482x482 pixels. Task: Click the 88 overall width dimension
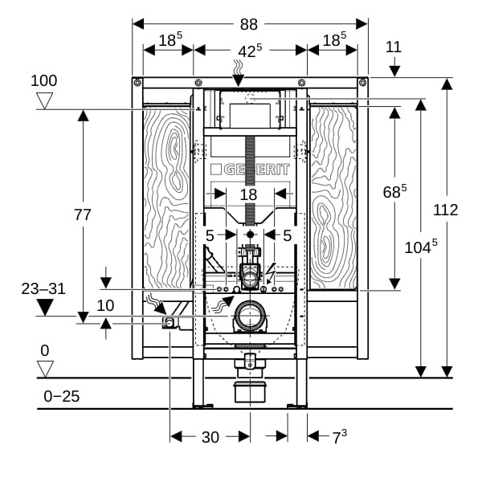click(249, 24)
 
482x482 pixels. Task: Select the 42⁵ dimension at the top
click(250, 51)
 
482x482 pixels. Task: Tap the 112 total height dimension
click(445, 210)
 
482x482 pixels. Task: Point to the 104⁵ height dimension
click(420, 247)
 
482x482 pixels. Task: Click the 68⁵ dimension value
click(394, 191)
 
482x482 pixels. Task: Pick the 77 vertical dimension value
click(83, 214)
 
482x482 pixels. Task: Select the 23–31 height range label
click(43, 289)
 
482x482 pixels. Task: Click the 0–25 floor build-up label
click(62, 396)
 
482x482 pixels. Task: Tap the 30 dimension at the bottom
click(210, 437)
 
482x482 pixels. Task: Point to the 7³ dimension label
click(340, 436)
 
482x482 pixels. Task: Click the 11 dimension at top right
click(394, 47)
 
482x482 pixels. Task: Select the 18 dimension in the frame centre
click(248, 194)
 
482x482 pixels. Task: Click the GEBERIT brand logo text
click(250, 170)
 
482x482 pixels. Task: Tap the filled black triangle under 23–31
click(45, 307)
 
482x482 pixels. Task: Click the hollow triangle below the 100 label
click(44, 101)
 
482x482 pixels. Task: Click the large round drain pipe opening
click(250, 316)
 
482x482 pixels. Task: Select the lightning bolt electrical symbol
click(272, 273)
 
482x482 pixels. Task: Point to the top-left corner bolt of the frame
click(137, 83)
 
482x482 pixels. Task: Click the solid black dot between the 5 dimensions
click(250, 235)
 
